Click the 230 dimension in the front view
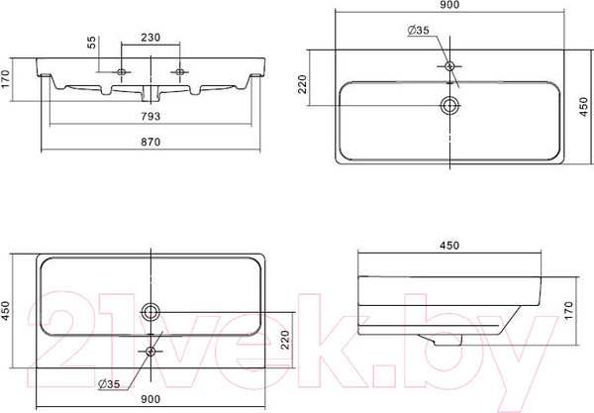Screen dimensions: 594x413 tap(150, 38)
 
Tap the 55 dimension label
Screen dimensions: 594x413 tap(92, 43)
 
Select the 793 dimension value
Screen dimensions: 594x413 tap(150, 116)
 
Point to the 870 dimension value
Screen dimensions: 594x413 tap(150, 142)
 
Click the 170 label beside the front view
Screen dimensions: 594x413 tap(5, 79)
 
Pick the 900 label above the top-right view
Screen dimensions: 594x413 tap(449, 5)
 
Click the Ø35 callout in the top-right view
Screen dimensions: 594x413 tap(418, 30)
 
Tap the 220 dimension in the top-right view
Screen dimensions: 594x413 tap(302, 84)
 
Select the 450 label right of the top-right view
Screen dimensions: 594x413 tap(584, 107)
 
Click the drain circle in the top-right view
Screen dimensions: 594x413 tap(450, 105)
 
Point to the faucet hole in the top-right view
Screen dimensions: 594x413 tap(449, 66)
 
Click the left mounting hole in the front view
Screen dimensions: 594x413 tap(122, 71)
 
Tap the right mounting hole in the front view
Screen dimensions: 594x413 tap(180, 71)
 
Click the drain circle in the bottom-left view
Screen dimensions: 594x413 tap(150, 312)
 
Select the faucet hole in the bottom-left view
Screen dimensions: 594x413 tap(150, 352)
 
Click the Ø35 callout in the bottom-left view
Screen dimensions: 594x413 tap(109, 384)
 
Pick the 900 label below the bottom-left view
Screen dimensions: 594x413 tap(150, 399)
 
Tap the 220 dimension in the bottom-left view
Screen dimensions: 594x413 tap(285, 340)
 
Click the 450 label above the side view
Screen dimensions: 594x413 tap(449, 246)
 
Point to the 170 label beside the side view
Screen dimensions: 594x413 tap(568, 311)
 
